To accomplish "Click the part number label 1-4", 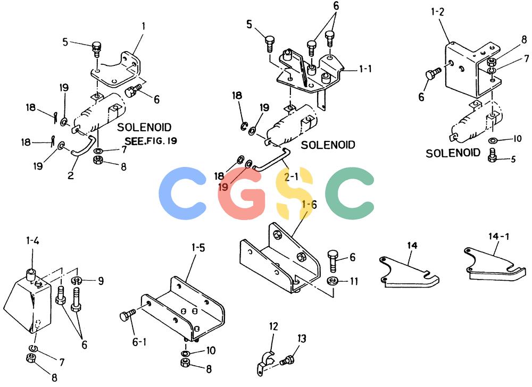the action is [32, 241].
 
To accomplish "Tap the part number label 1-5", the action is [198, 248].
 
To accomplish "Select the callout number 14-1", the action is [499, 236].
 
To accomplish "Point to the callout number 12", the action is [273, 326].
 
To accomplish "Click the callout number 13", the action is [302, 339].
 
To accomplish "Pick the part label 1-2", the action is [438, 12].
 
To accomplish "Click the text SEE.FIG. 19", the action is [151, 141].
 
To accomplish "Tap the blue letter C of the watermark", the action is [182, 193].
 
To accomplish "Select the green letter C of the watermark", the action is [350, 193].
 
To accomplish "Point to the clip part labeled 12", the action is [265, 363].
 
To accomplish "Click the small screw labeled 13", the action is [287, 360].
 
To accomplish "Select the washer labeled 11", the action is [333, 281].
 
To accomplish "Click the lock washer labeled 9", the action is [77, 280].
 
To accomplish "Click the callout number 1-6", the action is [309, 204].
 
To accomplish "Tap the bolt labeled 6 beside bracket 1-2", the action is [433, 73].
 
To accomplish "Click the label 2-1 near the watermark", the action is [291, 176].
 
